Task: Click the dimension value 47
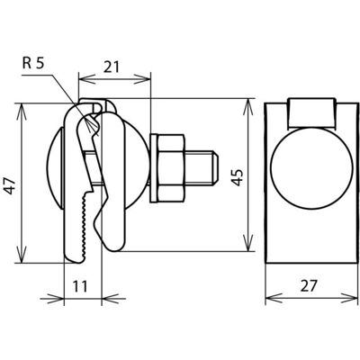(11, 186)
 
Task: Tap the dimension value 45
(238, 177)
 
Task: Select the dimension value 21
(112, 67)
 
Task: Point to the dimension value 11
(80, 286)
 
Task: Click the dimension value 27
(309, 285)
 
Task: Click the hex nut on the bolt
(170, 167)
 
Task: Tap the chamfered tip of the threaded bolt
(215, 167)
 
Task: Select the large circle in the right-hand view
(311, 168)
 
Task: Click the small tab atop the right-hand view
(311, 112)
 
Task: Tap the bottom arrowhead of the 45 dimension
(248, 242)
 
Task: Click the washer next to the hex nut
(154, 168)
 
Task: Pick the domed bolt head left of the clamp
(55, 168)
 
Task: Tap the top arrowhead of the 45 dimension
(248, 107)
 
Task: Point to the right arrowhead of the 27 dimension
(349, 299)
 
